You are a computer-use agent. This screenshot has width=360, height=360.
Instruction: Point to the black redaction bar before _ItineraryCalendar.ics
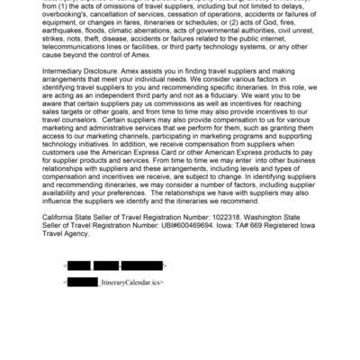click(84, 283)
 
